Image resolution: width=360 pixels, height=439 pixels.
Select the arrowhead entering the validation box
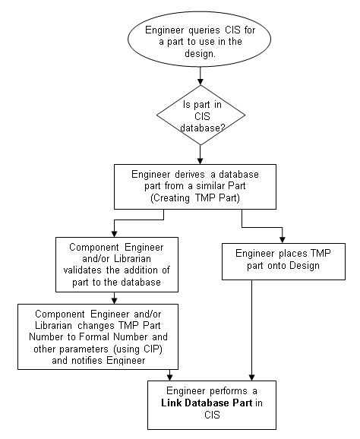(114, 233)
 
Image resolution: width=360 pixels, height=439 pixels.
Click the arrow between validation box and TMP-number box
(114, 297)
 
